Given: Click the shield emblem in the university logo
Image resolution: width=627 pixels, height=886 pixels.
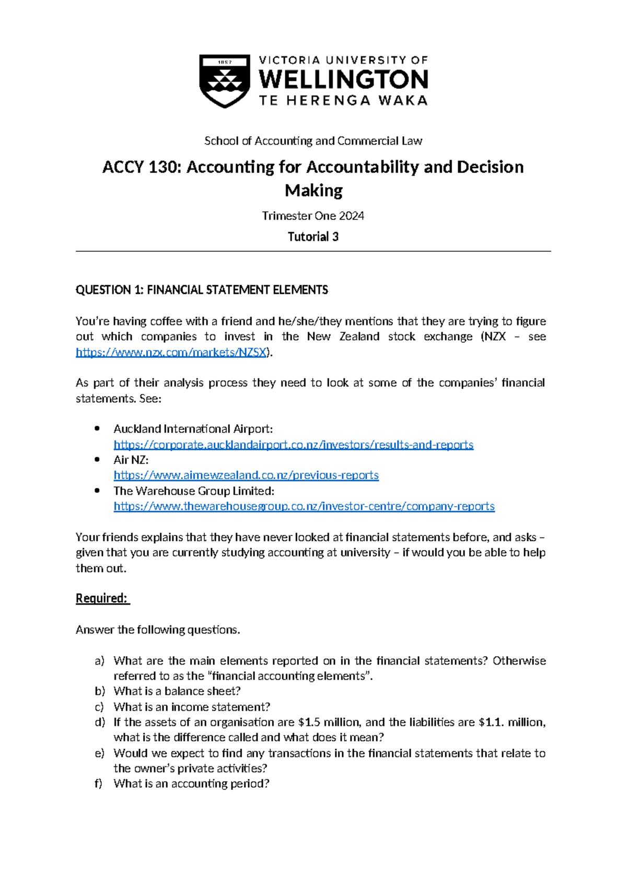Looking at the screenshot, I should [x=225, y=80].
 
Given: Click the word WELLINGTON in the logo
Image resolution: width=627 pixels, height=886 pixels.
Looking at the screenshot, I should [x=343, y=80].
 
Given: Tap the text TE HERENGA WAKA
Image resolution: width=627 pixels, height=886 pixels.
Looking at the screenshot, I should [x=343, y=101].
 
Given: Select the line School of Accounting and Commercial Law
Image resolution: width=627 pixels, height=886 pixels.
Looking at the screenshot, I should [x=313, y=141].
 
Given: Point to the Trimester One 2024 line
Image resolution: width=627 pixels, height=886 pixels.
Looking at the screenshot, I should [x=313, y=216].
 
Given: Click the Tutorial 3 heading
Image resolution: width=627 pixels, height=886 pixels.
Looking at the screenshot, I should [x=313, y=237].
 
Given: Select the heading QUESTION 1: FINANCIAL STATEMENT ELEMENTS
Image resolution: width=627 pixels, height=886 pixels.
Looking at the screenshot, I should [x=202, y=290].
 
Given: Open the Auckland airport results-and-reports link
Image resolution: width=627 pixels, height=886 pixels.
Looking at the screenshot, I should [x=293, y=445].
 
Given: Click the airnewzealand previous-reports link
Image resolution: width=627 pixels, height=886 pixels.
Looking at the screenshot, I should [x=246, y=475].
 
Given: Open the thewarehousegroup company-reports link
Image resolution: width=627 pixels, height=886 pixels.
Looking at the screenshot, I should [x=304, y=506].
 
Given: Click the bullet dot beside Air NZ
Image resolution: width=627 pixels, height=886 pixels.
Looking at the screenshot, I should [x=97, y=460].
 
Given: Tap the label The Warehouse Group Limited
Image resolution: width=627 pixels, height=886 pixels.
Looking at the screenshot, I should [x=194, y=491].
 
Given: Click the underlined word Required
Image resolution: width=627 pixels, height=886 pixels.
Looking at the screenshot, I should [x=102, y=599].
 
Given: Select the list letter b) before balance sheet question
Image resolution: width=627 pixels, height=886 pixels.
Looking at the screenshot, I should [x=99, y=691].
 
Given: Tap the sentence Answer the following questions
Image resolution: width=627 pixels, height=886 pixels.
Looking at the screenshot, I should [x=158, y=630].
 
